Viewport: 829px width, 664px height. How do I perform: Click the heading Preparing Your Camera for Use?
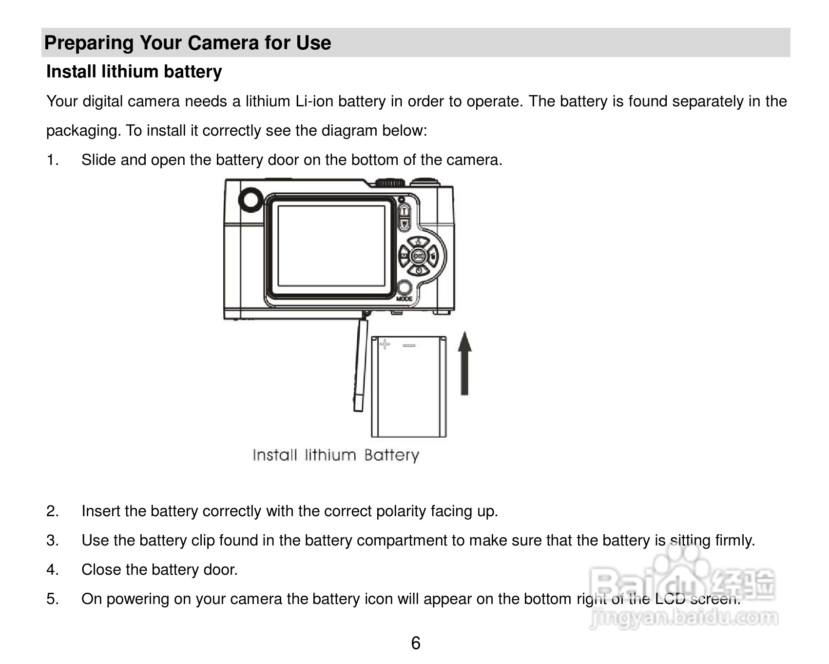coord(188,43)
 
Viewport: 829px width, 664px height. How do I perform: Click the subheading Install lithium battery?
coord(134,72)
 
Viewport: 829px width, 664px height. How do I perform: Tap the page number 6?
coord(415,644)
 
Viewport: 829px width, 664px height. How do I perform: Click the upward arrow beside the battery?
coord(465,363)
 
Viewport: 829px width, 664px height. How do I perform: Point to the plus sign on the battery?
coord(385,344)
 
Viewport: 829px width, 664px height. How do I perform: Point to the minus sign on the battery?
coord(409,345)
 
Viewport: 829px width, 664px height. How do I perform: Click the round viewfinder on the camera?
coord(251,200)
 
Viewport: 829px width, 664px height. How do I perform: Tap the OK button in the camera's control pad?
coord(418,255)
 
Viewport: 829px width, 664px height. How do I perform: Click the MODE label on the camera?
coord(404,299)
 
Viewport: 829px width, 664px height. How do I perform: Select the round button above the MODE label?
coord(404,288)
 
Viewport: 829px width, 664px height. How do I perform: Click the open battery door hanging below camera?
coord(360,363)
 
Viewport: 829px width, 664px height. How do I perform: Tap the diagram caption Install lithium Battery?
coord(336,455)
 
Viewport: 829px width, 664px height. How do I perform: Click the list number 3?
coord(52,540)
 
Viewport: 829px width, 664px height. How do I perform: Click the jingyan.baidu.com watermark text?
coord(683,619)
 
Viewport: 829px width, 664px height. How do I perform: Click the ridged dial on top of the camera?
coord(390,183)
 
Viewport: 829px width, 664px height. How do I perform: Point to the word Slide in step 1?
coord(98,160)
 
